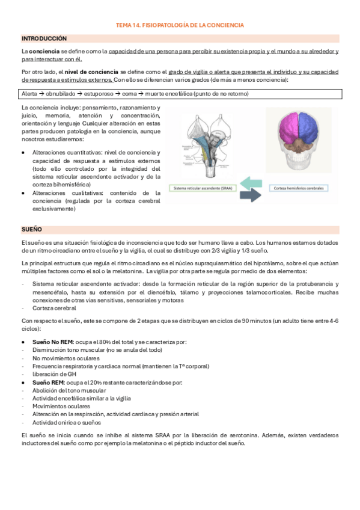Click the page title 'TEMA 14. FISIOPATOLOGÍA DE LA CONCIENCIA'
(x=180, y=25)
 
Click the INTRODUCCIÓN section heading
(x=44, y=38)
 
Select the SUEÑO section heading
(x=31, y=230)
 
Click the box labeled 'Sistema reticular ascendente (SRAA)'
(x=201, y=188)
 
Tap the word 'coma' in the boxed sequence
(x=129, y=94)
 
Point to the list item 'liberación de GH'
(x=55, y=374)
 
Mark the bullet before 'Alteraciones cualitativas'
(x=23, y=193)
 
